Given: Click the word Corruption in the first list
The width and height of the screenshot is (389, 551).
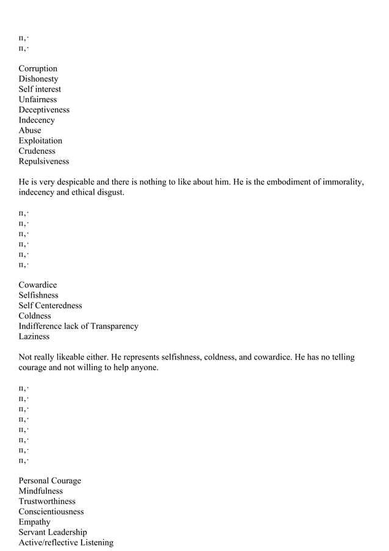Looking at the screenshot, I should point(38,68).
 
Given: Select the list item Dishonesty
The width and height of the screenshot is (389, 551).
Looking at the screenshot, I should point(38,79).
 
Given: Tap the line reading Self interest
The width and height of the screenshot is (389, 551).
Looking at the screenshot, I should point(40,89).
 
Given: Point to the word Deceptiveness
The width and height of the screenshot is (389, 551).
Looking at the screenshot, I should point(44,110).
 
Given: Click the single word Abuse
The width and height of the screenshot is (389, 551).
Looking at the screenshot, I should point(30,130).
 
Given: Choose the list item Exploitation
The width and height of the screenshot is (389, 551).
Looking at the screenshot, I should point(40,140).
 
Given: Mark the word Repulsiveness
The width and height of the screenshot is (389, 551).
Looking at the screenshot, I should point(44,161).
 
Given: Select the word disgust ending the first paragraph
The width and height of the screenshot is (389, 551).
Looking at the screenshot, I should point(110,192).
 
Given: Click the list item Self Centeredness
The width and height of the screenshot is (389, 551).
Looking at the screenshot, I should point(50,305).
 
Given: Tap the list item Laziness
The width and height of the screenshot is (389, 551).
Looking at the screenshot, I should point(34,336).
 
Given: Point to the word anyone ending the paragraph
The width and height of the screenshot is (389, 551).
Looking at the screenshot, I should point(144,367).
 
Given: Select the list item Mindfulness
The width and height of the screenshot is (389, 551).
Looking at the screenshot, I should point(40,491).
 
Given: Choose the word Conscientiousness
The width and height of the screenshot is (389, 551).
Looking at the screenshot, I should point(51,511).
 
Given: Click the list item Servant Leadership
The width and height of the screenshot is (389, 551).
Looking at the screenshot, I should point(52,532).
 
